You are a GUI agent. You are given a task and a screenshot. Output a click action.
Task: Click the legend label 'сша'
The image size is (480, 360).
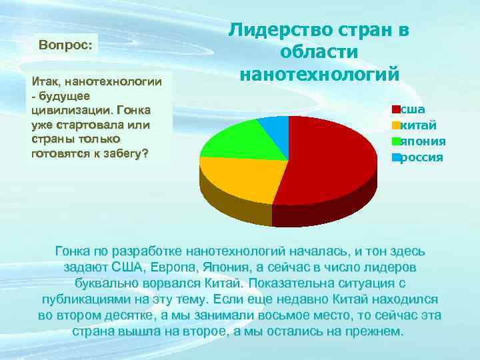point(411,109)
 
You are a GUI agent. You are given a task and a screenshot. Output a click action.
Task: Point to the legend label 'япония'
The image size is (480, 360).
point(423,141)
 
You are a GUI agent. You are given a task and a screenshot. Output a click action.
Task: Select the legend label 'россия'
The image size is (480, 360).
point(421,157)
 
